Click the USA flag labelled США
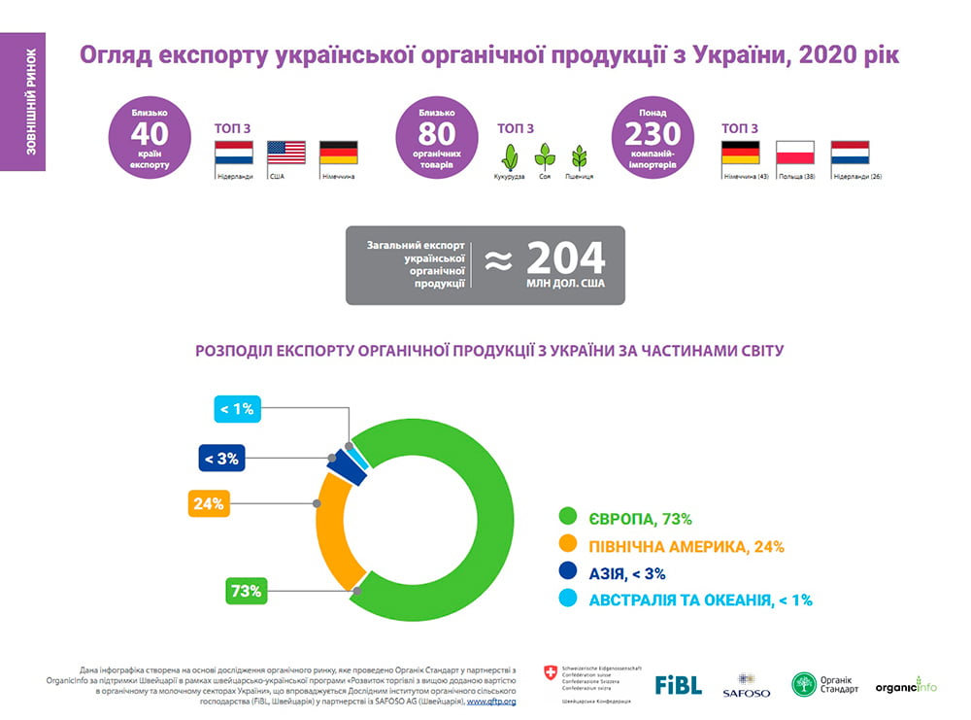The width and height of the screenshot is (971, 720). coord(286,153)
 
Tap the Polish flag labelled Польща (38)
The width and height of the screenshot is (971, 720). coord(794,153)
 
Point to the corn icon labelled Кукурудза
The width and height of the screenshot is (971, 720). coord(509,156)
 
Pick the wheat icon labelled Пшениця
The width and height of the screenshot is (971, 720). coord(580,156)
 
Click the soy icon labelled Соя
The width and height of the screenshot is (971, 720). coord(545,156)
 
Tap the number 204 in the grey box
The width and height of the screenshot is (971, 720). coord(565,259)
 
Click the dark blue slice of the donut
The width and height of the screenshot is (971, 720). coord(347,465)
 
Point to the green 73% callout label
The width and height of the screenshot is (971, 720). coord(245,590)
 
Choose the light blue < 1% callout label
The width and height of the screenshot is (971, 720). coord(237,409)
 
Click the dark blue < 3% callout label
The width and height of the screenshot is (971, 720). coord(222,458)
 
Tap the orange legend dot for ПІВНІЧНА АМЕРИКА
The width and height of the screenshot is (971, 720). coord(567,546)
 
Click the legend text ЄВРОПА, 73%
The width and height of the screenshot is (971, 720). coord(640,519)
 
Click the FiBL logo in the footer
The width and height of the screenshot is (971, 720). coord(678,684)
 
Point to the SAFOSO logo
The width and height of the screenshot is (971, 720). coord(746,685)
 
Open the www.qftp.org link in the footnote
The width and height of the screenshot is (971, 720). coord(491,701)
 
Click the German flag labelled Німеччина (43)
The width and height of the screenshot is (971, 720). coord(740,153)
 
